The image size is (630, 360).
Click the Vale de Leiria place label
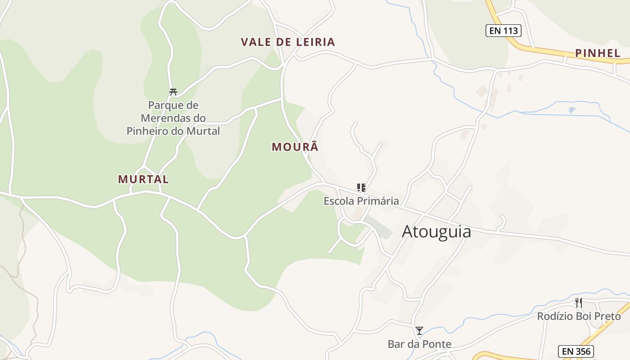[288, 42]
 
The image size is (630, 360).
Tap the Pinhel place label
[598, 53]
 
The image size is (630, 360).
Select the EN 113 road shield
[503, 31]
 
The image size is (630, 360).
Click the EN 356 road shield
[576, 351]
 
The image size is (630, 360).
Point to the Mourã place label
[295, 147]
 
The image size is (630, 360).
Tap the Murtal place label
[143, 179]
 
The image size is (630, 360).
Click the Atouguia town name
[436, 231]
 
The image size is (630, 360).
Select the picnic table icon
[173, 92]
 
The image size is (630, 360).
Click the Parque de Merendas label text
[173, 118]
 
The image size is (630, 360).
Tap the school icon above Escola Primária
[361, 188]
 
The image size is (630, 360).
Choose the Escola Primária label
[361, 201]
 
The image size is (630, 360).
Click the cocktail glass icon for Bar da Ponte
[419, 331]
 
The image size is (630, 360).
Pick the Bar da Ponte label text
[419, 344]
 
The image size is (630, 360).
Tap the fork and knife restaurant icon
[579, 302]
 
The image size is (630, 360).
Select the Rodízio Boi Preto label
[579, 316]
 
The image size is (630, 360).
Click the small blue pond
[571, 109]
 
